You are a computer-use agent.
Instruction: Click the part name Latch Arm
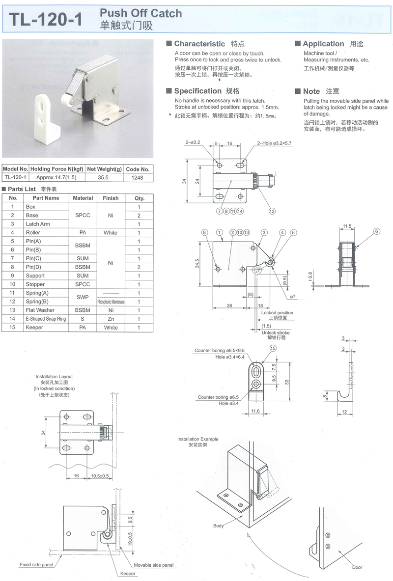[x=38, y=224]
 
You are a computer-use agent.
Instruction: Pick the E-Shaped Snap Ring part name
[x=46, y=319]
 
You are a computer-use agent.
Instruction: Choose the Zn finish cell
[x=111, y=319]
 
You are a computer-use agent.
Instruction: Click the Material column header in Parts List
[x=83, y=198]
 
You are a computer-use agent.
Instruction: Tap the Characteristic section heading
[x=199, y=44]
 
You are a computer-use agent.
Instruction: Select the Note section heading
[x=311, y=91]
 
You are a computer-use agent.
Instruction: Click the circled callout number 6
[x=377, y=231]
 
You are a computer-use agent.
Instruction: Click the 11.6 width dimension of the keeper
[x=255, y=411]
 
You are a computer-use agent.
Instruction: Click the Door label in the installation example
[x=357, y=567]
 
